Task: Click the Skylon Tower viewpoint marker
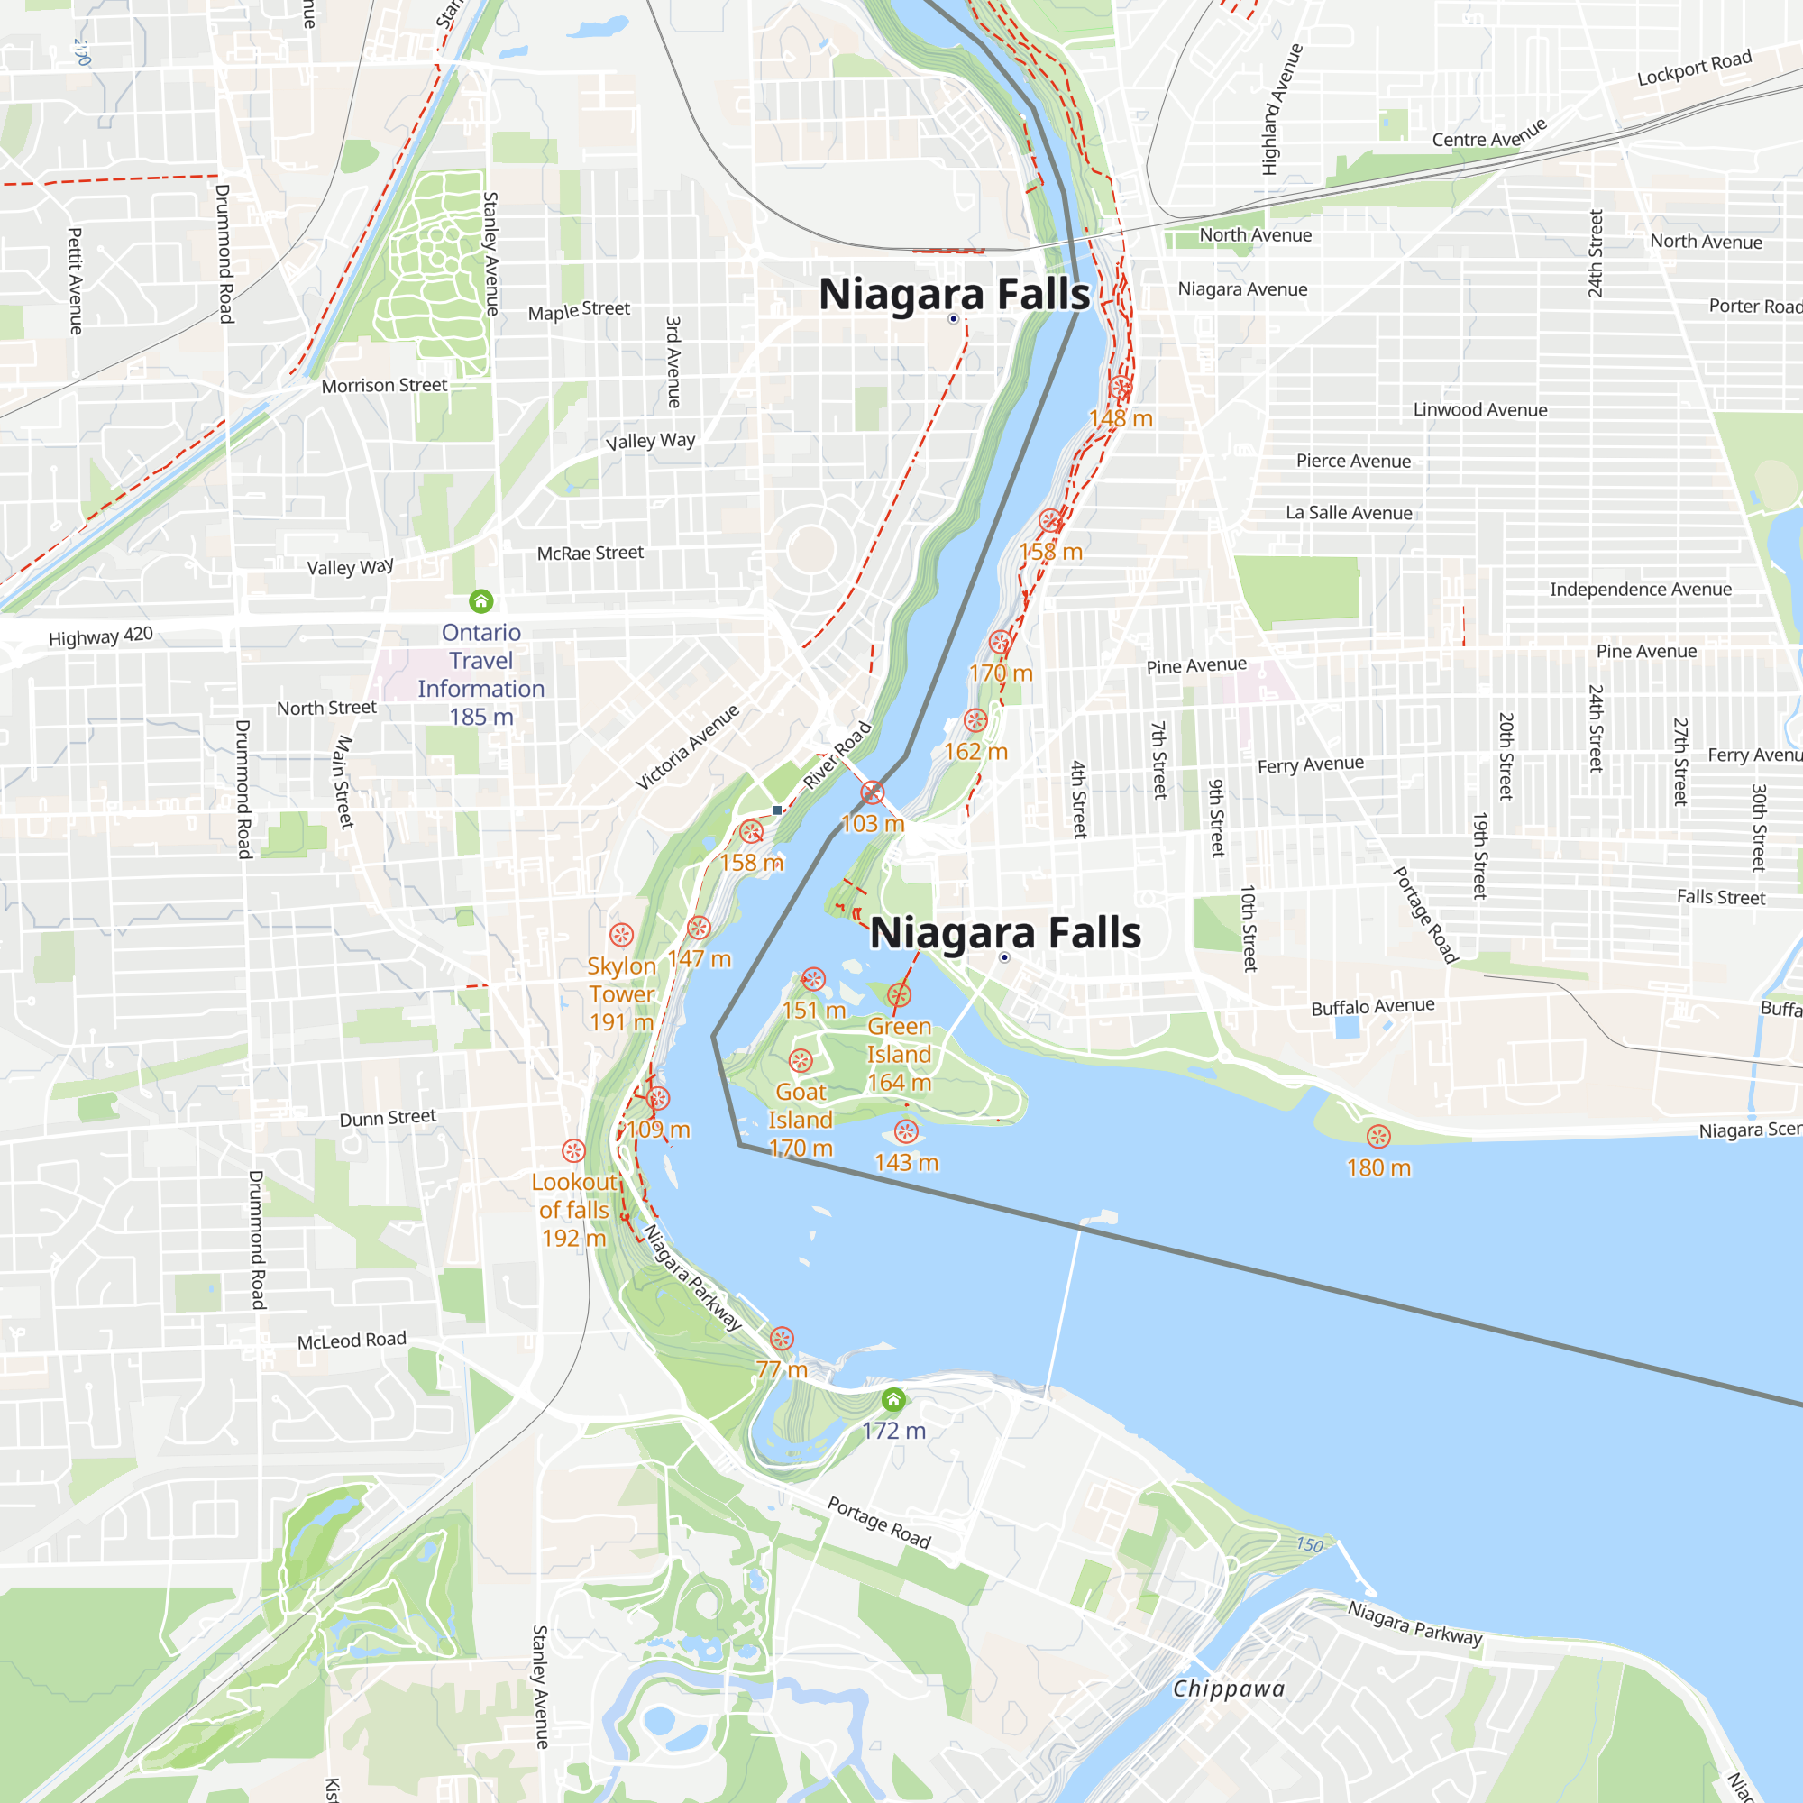[x=621, y=934]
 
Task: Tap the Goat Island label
[x=801, y=1119]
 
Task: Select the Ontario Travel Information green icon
[x=480, y=601]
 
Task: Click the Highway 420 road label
[x=101, y=636]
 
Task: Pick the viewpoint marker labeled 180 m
[x=1378, y=1136]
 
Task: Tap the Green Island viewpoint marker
[x=899, y=995]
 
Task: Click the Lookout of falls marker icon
[x=574, y=1149]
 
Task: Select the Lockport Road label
[x=1694, y=68]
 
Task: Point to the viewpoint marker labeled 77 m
[x=782, y=1338]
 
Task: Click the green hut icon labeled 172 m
[x=893, y=1399]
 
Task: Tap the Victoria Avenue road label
[x=687, y=746]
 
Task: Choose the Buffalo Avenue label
[x=1372, y=1007]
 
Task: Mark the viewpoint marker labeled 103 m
[x=873, y=792]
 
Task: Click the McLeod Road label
[x=352, y=1341]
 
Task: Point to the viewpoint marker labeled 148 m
[x=1121, y=387]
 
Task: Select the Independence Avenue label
[x=1640, y=589]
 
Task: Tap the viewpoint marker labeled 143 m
[x=906, y=1132]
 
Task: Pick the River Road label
[x=837, y=755]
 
